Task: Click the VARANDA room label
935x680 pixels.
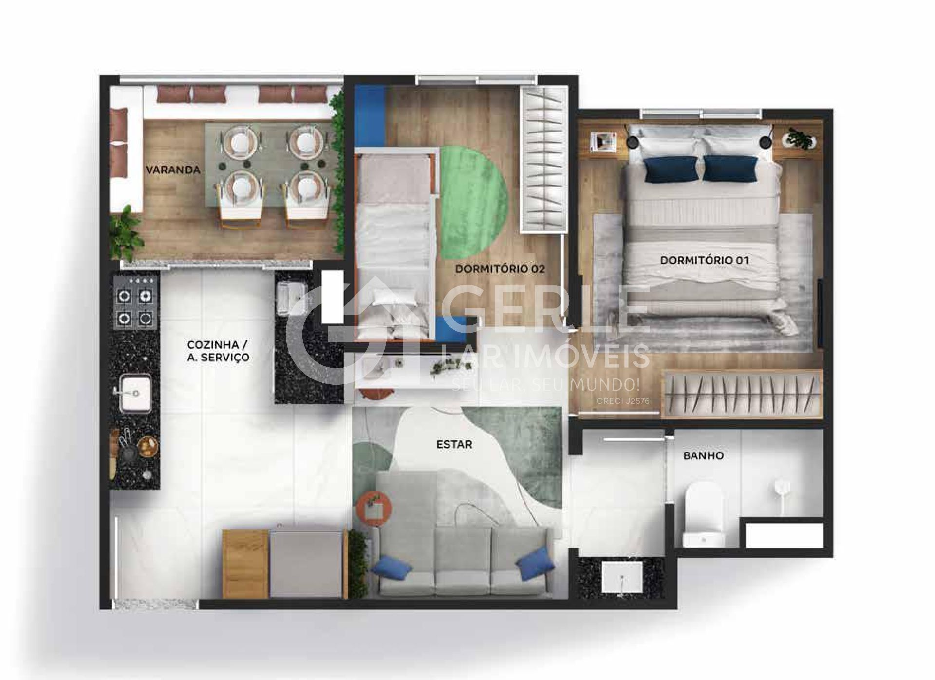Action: (x=173, y=170)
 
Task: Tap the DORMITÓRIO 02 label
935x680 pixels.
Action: (x=500, y=269)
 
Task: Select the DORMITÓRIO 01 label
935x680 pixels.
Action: (x=704, y=261)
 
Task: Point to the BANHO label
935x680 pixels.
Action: (x=704, y=456)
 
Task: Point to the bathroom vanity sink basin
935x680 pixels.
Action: (x=622, y=580)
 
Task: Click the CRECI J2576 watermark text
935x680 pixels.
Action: (x=625, y=401)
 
